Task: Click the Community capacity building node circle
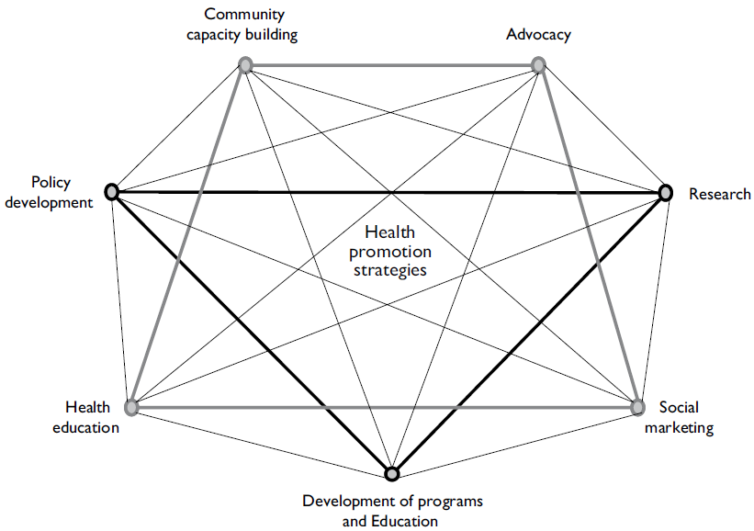tap(245, 64)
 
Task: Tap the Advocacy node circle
tap(539, 64)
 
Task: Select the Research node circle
tap(667, 192)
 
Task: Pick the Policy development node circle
tap(112, 191)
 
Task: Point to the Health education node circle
tap(131, 406)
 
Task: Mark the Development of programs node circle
tap(392, 474)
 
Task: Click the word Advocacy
tap(538, 35)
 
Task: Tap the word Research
tap(720, 194)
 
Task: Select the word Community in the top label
tap(244, 14)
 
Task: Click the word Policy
tap(51, 183)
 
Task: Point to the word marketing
tap(679, 427)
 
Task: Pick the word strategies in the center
tap(394, 271)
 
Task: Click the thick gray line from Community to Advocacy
tap(392, 64)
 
